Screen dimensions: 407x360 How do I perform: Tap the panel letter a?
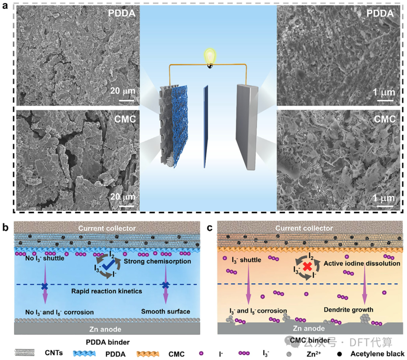tap(5, 5)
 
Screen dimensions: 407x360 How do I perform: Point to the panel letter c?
tap(209, 228)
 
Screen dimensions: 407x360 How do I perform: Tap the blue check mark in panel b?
tap(107, 266)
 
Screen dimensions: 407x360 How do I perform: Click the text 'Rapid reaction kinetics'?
tap(107, 291)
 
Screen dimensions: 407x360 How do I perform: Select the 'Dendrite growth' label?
tap(348, 310)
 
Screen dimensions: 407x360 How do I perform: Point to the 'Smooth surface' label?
tap(166, 312)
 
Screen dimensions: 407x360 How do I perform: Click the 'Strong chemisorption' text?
tap(158, 261)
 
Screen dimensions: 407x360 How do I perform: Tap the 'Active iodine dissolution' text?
tap(362, 263)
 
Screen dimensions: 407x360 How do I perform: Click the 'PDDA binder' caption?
tap(108, 342)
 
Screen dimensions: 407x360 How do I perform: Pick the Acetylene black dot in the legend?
tap(339, 354)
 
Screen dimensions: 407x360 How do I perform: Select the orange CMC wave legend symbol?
tap(147, 354)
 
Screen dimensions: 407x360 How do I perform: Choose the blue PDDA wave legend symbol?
tap(84, 353)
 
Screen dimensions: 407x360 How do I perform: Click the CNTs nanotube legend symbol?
tap(24, 353)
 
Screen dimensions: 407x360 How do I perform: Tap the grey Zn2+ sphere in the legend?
tap(289, 354)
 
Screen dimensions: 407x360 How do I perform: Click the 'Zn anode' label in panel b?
tap(105, 329)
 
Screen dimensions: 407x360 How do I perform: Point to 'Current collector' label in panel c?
tap(304, 228)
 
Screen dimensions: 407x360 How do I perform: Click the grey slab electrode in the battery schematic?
tap(247, 127)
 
